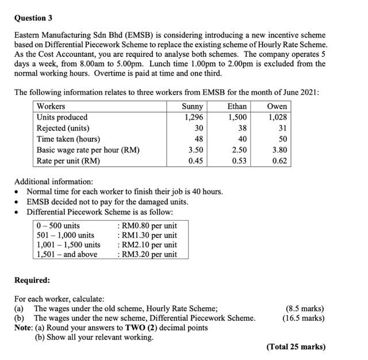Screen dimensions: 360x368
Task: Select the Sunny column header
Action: tap(193, 106)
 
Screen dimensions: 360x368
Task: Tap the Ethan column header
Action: tap(237, 106)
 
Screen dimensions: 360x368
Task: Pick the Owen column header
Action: tap(277, 106)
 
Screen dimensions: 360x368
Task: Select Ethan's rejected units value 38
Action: tap(241, 128)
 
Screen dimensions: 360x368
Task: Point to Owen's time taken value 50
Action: tap(281, 139)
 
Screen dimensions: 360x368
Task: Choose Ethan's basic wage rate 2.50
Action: tap(239, 150)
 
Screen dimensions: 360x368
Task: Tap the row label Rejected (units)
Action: tap(63, 128)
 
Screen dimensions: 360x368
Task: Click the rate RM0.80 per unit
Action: tap(147, 225)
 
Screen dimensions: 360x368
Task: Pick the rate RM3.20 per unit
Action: tap(147, 254)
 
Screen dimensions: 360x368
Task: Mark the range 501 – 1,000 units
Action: tap(65, 235)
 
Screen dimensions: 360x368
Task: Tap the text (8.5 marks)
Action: tap(305, 309)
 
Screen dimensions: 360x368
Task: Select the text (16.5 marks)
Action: tap(303, 318)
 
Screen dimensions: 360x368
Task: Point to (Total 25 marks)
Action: tap(296, 347)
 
